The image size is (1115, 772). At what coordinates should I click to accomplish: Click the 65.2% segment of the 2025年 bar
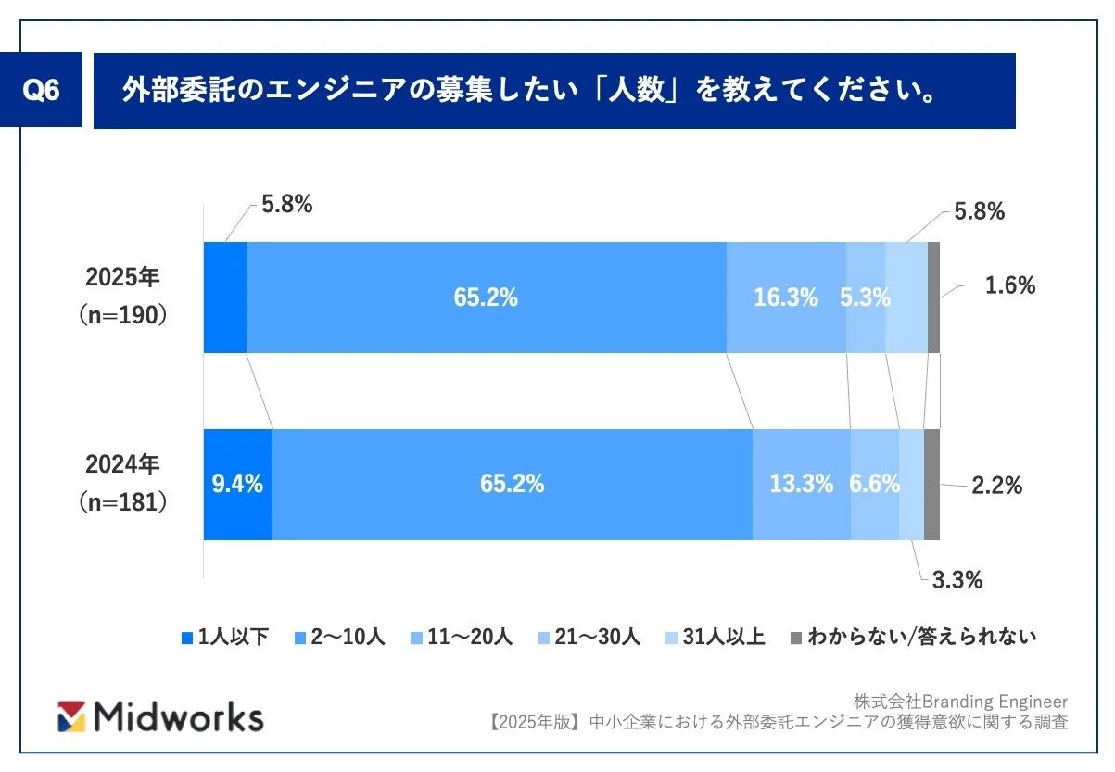coord(486,297)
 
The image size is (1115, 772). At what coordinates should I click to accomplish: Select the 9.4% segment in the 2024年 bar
coord(237,484)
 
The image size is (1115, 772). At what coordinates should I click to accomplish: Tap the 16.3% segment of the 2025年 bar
coord(786,297)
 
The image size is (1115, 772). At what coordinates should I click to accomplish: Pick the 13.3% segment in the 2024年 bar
coord(801,484)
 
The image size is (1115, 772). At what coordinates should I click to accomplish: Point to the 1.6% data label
coord(1009,285)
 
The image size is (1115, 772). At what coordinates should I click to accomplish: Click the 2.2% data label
coord(996,485)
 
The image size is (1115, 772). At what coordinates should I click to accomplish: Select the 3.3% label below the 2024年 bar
coord(956,581)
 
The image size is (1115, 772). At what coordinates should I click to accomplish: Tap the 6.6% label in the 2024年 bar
coord(874,484)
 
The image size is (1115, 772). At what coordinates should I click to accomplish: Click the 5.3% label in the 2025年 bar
coord(865,297)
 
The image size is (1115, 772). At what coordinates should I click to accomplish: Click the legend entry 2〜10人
coord(342,637)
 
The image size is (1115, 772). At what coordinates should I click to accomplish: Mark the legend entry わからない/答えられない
coord(914,637)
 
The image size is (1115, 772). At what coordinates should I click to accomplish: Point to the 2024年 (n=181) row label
coord(124,483)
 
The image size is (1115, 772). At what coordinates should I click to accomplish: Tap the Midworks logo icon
coord(72,715)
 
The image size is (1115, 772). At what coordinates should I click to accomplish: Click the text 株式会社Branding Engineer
coord(960,702)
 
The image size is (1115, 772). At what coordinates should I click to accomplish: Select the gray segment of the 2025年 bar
coord(933,297)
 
